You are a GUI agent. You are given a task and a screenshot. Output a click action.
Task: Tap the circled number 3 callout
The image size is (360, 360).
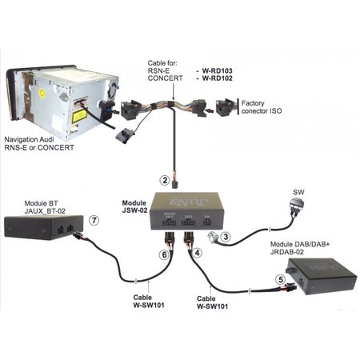[226, 237]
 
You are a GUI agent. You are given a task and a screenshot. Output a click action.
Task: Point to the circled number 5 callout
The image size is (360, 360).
[279, 280]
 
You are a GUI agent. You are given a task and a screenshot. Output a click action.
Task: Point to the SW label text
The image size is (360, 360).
[299, 192]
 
